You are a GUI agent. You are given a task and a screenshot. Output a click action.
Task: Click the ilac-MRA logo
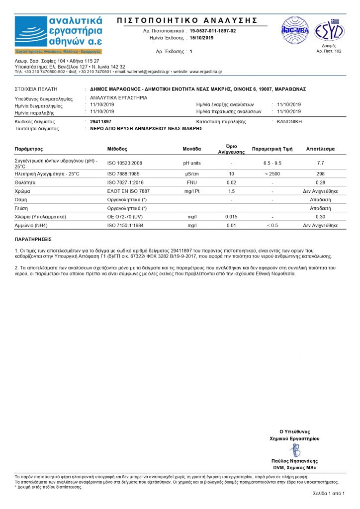coord(295,30)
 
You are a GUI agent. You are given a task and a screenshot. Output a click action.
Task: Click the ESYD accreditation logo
coord(329,31)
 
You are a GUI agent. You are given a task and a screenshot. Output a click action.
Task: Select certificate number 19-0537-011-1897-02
coord(213,31)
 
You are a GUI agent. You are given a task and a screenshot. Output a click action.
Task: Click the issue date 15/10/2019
coord(201,38)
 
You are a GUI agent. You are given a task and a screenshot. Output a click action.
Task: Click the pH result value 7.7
coord(320,163)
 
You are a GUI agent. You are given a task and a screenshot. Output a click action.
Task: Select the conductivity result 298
coord(320,173)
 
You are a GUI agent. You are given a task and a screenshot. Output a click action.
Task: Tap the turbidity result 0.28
coord(320,182)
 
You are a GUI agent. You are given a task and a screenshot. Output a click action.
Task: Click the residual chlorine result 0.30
coord(320,217)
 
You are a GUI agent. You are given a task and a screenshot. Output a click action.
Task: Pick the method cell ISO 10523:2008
coord(125,163)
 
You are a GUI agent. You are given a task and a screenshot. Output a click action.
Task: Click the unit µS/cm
coord(192,173)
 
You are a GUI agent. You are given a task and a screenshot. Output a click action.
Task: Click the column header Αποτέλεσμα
coord(320,149)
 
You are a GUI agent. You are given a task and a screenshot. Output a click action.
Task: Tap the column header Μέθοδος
coord(117,149)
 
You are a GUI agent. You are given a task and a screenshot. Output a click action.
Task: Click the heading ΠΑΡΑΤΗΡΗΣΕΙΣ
coord(33,239)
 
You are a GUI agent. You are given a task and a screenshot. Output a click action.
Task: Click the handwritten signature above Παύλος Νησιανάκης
coord(295,450)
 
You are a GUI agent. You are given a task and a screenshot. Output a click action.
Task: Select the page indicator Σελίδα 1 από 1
coord(328,493)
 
